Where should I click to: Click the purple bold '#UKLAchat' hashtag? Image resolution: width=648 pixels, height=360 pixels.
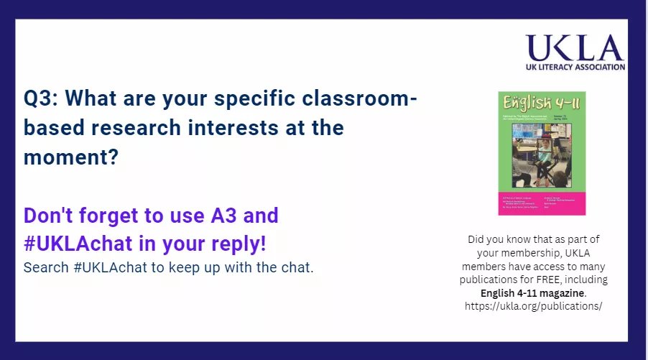click(x=78, y=244)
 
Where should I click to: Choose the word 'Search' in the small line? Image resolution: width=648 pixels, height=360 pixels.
click(x=44, y=268)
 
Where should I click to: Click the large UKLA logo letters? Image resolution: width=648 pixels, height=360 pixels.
click(x=574, y=48)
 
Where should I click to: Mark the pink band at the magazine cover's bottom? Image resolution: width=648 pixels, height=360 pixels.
click(x=532, y=203)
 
